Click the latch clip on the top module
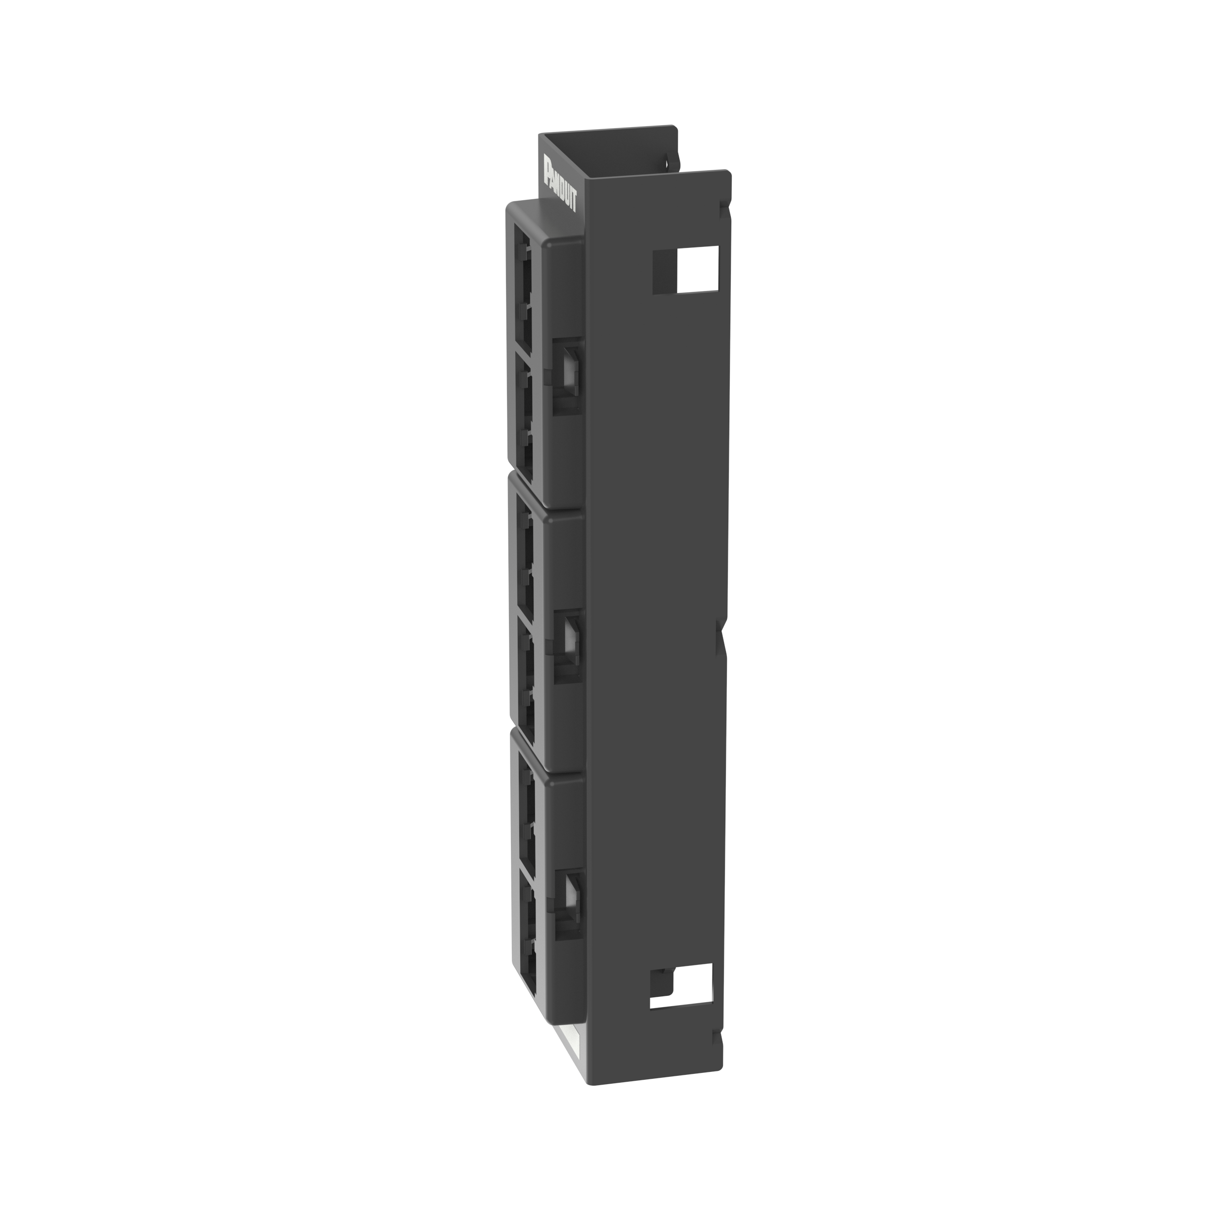(567, 375)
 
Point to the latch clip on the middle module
(568, 646)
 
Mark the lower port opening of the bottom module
(528, 934)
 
